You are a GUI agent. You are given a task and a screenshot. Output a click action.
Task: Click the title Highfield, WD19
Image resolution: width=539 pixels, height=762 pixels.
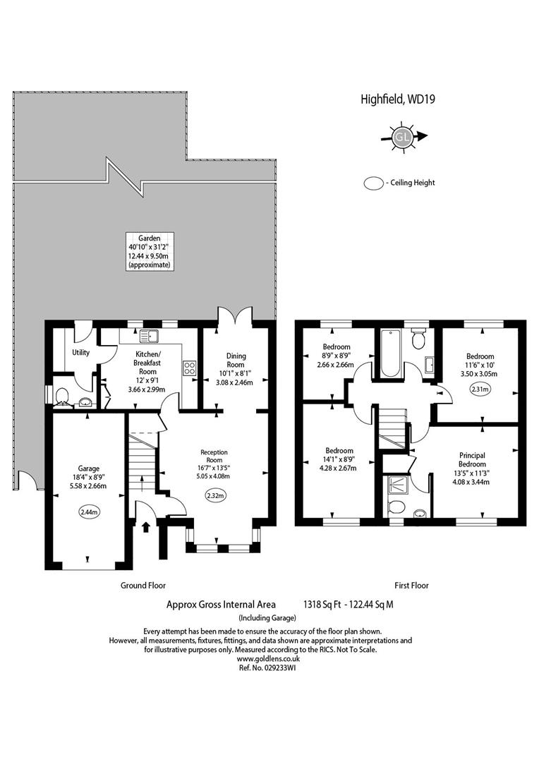coord(397,99)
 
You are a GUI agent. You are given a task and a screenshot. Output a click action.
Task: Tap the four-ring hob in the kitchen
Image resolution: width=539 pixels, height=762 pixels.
coord(190,367)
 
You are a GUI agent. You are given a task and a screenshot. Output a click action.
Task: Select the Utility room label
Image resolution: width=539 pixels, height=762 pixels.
coord(80,352)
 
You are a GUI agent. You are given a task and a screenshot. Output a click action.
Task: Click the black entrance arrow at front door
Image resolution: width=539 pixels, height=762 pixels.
coord(147,526)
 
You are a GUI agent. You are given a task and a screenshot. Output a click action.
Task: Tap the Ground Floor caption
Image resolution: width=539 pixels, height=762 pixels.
coord(143,585)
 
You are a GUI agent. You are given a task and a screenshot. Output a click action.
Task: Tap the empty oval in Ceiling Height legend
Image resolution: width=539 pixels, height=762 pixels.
coord(373,183)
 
